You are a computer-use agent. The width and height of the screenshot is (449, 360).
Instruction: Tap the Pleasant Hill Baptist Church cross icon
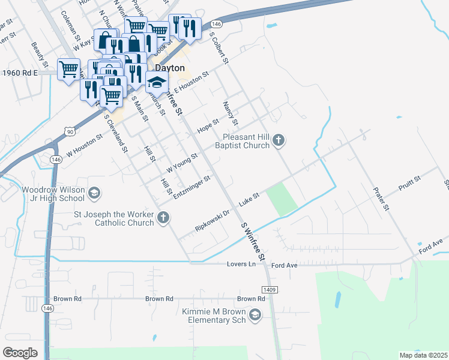coord(278,141)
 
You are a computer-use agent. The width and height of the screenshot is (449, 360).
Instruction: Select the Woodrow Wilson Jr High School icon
coord(93,193)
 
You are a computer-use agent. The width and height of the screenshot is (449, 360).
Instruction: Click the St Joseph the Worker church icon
coord(164,218)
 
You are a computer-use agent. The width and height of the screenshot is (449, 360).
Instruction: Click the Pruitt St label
coord(411,184)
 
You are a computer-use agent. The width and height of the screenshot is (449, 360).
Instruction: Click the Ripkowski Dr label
coord(212,221)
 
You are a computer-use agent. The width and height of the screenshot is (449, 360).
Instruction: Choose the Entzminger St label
coord(192,187)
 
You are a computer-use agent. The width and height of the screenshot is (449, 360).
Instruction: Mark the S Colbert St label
coord(219,47)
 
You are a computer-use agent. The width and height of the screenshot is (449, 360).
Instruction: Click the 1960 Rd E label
coord(20,73)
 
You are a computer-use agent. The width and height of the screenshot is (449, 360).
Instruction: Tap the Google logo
coord(20,352)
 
